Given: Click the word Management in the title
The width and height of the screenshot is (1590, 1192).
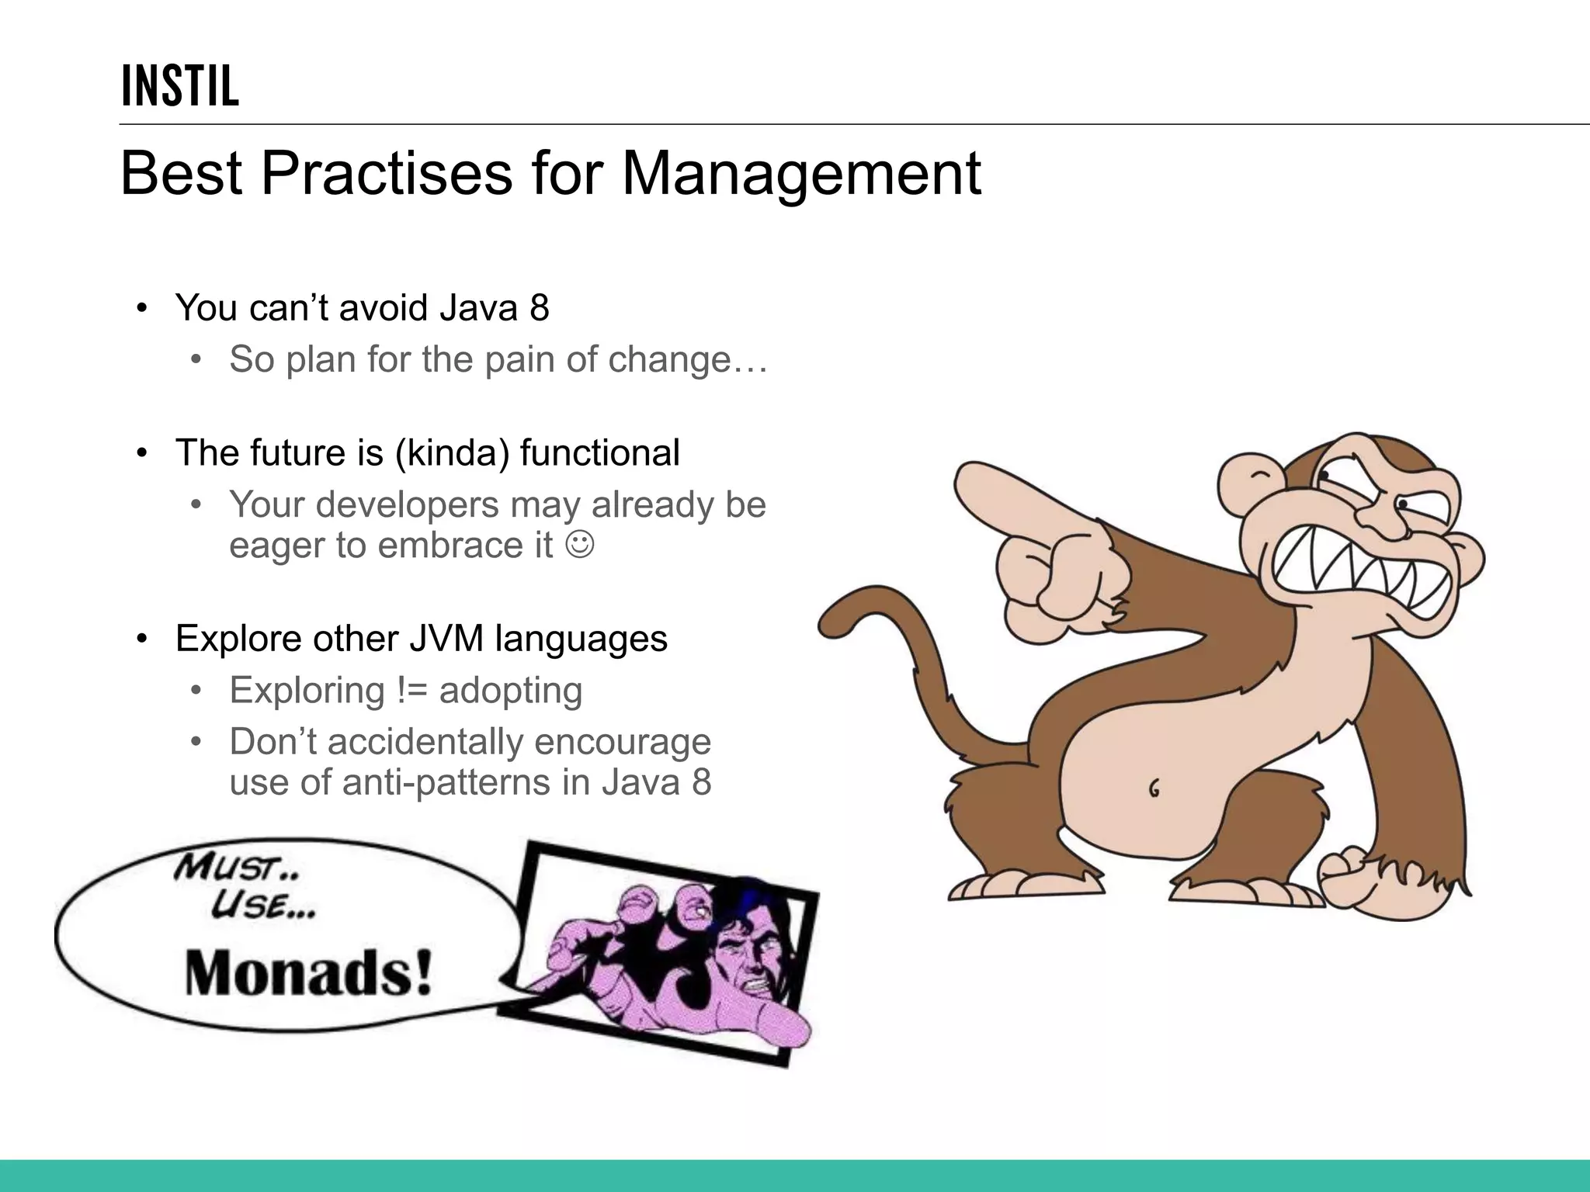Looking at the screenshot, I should tap(801, 174).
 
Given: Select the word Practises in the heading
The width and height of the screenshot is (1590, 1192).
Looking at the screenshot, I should tap(386, 174).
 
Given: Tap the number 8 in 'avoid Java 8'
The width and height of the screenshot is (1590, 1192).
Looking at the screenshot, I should tap(540, 308).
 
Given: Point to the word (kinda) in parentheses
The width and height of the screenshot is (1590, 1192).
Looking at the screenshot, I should tap(452, 453).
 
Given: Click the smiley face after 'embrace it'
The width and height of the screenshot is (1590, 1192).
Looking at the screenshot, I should tap(580, 545).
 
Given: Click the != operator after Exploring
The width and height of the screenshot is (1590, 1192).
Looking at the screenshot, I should tap(411, 691).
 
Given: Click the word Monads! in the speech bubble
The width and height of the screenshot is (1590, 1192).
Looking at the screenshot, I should tap(308, 973).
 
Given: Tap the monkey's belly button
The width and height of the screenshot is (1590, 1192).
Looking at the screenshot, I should tap(1154, 789).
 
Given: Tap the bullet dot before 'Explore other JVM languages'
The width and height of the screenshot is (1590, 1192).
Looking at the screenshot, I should tap(141, 639).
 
